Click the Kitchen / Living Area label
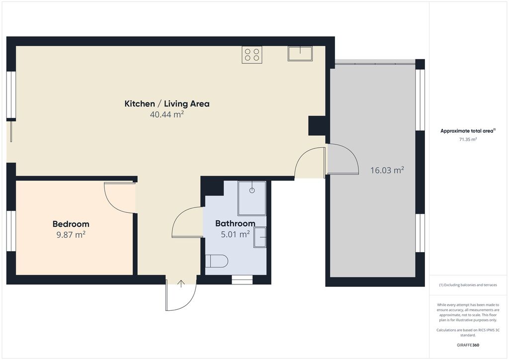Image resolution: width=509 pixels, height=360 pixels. click(x=167, y=104)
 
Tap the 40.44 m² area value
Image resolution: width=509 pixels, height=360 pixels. click(x=167, y=114)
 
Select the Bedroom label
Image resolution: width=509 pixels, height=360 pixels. click(x=71, y=224)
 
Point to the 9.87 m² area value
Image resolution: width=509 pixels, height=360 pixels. click(x=71, y=234)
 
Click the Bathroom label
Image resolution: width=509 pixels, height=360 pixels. click(x=235, y=223)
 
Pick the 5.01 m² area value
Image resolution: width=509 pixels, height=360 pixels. click(x=235, y=234)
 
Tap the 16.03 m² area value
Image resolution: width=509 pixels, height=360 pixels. click(x=387, y=170)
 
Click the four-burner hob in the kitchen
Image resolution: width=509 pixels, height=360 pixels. click(x=252, y=55)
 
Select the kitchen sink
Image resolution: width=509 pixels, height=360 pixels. click(x=300, y=54)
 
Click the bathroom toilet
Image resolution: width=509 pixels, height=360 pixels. click(x=217, y=261)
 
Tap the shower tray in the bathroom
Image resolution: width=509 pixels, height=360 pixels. click(x=252, y=198)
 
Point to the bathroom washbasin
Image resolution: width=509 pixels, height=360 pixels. click(x=260, y=237)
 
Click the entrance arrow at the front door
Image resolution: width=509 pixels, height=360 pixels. click(x=181, y=284)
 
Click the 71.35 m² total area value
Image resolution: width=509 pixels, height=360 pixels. click(x=468, y=140)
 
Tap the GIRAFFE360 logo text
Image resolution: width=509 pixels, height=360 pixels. click(x=468, y=345)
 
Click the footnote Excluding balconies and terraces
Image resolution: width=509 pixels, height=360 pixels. click(x=468, y=285)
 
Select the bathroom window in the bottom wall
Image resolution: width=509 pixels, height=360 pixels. click(x=242, y=280)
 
